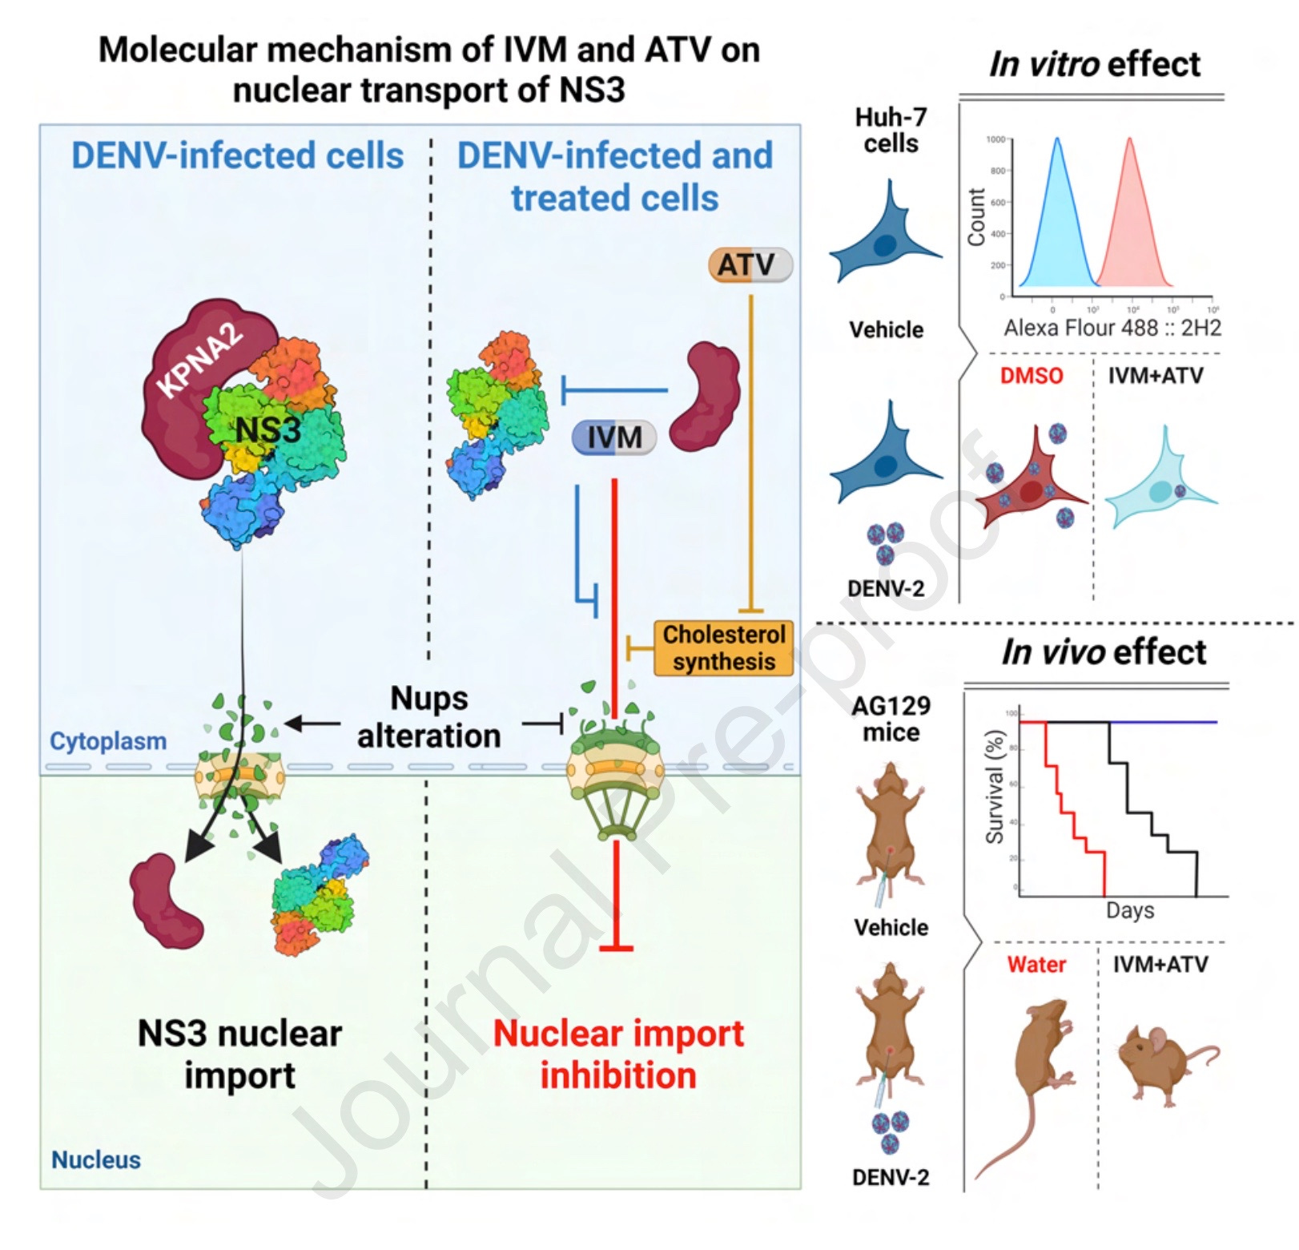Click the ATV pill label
(750, 264)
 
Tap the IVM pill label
(614, 437)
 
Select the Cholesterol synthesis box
(723, 647)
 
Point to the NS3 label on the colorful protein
(268, 430)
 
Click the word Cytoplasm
(108, 741)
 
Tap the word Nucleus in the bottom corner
(96, 1159)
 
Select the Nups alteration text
(429, 717)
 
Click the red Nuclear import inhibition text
(618, 1054)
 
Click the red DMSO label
(1032, 376)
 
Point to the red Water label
(1036, 964)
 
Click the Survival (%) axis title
(995, 787)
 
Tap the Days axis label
(1130, 910)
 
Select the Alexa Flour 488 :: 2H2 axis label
(1112, 328)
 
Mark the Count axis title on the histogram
(976, 217)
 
